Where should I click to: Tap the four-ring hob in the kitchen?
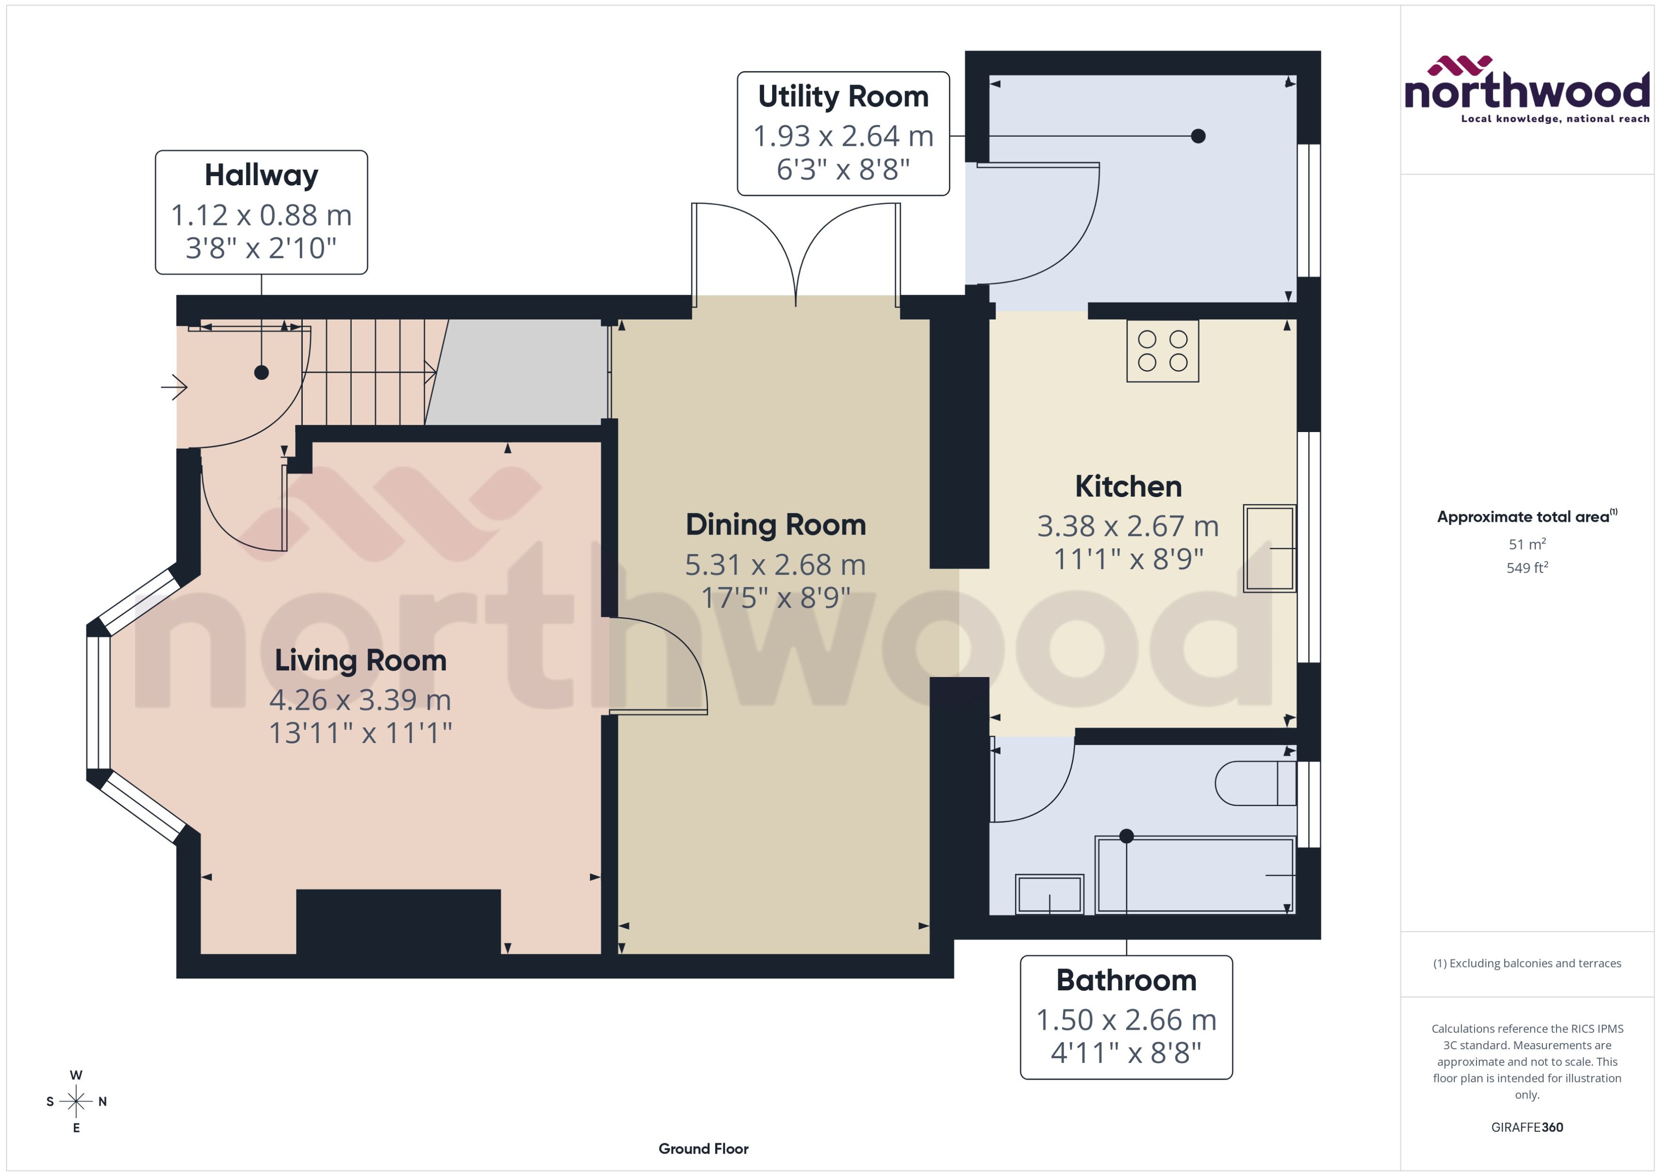[x=1162, y=351]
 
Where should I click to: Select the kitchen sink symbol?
[x=1269, y=548]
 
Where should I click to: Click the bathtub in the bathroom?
[x=1194, y=875]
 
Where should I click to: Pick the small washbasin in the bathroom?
[x=1049, y=894]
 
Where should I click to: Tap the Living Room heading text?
[x=360, y=660]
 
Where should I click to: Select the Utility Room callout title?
[x=843, y=96]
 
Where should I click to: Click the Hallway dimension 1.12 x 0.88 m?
[x=261, y=215]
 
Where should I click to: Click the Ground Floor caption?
[x=703, y=1148]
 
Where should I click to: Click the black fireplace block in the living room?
[x=398, y=921]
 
